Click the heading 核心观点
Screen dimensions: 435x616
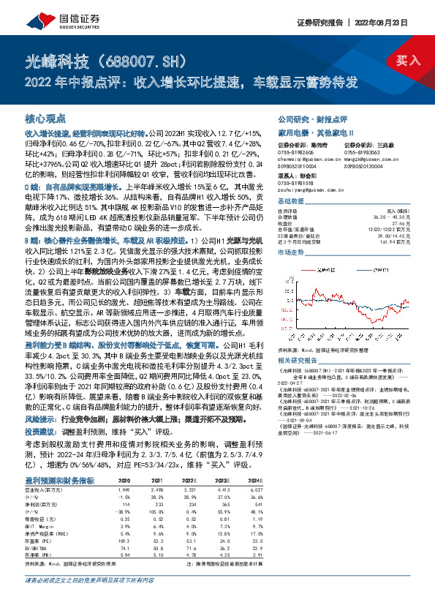(45, 117)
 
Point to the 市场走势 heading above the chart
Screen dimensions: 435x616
(291, 251)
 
